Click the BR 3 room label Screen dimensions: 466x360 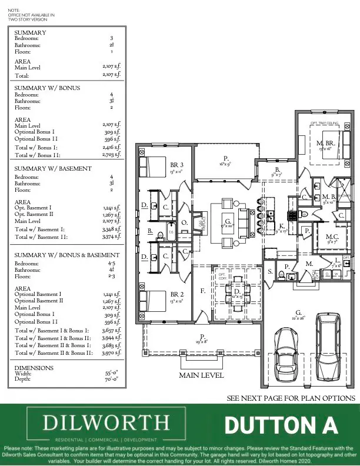[176, 165]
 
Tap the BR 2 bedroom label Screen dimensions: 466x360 [176, 294]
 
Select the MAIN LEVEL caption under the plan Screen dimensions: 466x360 [201, 375]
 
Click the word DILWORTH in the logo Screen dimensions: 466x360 [106, 422]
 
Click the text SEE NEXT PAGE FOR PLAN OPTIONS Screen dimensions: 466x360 [291, 398]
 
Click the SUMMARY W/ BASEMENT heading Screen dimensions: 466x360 [53, 168]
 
